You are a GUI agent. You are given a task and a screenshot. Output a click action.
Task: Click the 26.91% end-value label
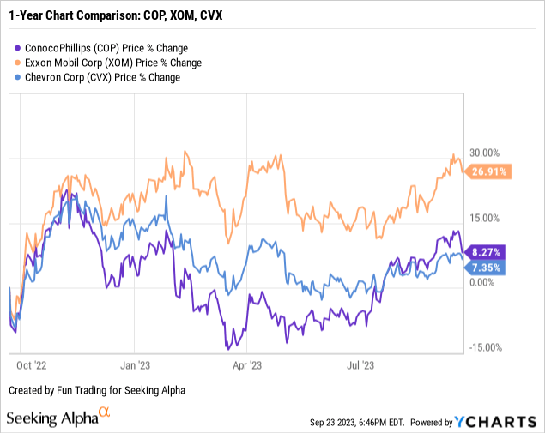coord(490,171)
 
